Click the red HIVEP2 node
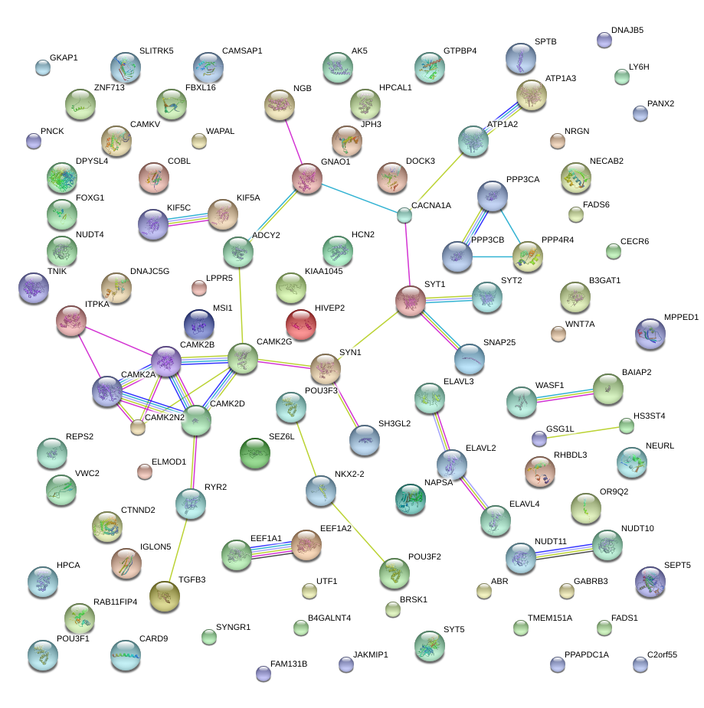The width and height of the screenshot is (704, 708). pos(301,325)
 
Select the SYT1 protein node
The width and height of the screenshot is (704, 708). pos(410,301)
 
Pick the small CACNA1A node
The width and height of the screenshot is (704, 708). pos(404,215)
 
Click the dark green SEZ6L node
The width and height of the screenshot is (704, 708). pos(255,453)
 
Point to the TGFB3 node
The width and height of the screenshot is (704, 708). pos(164,596)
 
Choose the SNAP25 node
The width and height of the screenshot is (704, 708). pos(470,357)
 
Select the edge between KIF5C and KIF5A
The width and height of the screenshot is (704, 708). pos(188,220)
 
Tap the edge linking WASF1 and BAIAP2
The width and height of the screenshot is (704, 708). pos(565,394)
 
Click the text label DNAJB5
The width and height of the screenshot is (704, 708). pos(627,31)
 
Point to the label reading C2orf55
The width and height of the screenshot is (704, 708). pos(662,654)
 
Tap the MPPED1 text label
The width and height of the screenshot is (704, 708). pos(681,317)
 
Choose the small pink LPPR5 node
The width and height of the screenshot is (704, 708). pos(199,288)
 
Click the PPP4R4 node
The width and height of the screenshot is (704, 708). pos(528,256)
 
